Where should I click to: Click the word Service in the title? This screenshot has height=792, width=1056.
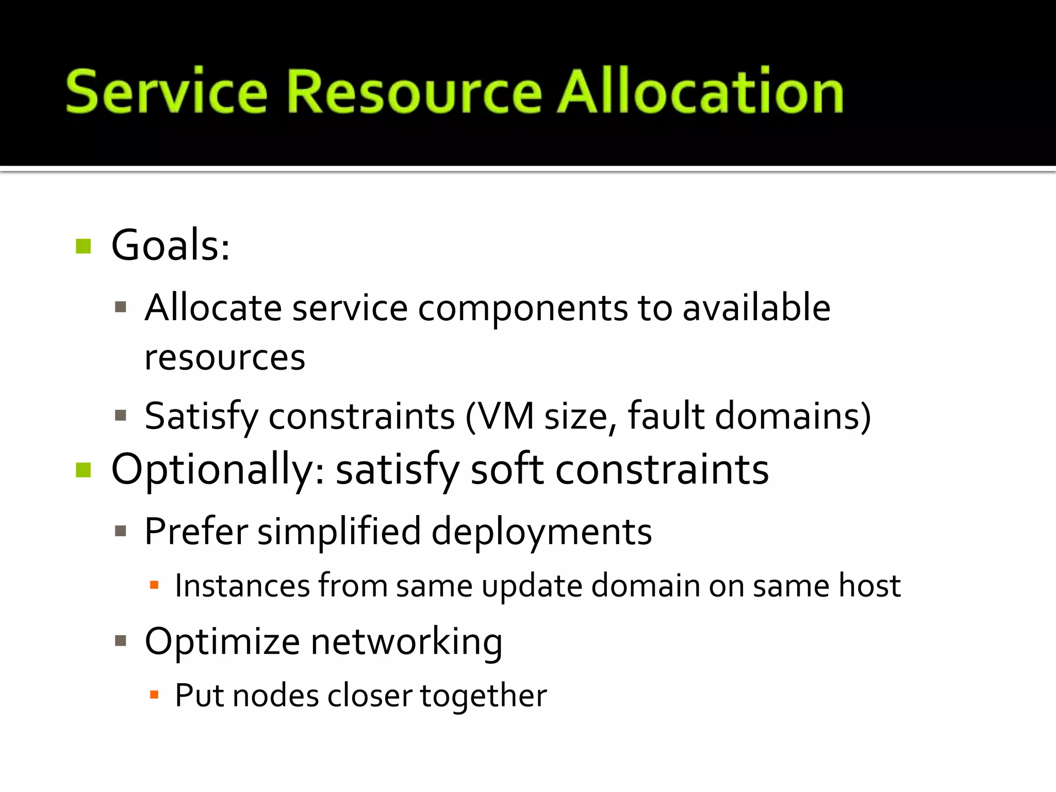[166, 91]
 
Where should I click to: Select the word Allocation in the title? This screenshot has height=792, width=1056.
[700, 91]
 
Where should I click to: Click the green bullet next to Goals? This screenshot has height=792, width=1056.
[83, 246]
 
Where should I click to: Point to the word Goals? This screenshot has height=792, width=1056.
[170, 245]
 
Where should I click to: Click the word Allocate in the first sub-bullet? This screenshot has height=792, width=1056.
[213, 308]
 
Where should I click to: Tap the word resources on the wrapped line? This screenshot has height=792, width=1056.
[225, 358]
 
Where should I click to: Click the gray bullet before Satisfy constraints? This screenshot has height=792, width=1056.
[121, 416]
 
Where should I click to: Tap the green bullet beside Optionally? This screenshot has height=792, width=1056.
[83, 470]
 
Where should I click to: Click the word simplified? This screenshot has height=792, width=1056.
[339, 532]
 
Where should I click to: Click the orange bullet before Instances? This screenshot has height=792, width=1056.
[154, 585]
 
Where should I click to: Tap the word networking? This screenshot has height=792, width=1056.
[406, 642]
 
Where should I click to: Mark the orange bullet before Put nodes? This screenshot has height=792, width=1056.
[154, 695]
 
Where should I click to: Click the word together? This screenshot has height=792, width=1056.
[483, 696]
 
